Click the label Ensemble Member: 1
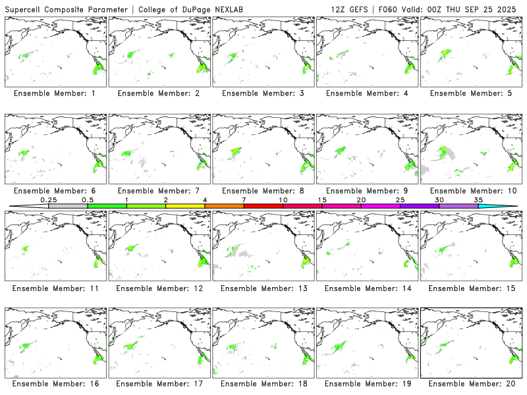pos(55,93)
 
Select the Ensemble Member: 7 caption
pos(159,191)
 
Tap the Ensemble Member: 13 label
pos(263,288)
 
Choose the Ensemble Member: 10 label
pos(471,191)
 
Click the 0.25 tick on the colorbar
pos(48,199)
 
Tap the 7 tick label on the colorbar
pos(244,199)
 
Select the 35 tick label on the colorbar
pos(478,199)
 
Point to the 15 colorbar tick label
pos(322,199)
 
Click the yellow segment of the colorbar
pos(185,206)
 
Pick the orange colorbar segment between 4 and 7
pos(224,206)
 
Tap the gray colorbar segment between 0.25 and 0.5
pos(68,206)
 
